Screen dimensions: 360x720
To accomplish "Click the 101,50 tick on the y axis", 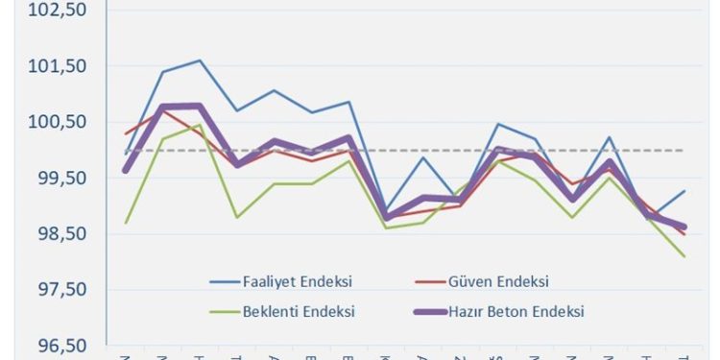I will coord(60,66).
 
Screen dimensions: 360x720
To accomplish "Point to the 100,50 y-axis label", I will coord(60,122).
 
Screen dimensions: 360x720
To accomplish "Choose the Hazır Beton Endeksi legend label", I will coord(519,311).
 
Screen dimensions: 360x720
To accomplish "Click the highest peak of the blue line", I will coord(199,60).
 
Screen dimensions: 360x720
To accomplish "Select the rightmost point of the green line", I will coord(684,256).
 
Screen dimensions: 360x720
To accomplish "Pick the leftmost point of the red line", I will coord(126,133).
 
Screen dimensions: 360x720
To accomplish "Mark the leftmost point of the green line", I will coord(126,223).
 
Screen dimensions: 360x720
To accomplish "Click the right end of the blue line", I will coord(684,191).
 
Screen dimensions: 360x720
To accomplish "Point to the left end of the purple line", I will coord(126,170).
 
